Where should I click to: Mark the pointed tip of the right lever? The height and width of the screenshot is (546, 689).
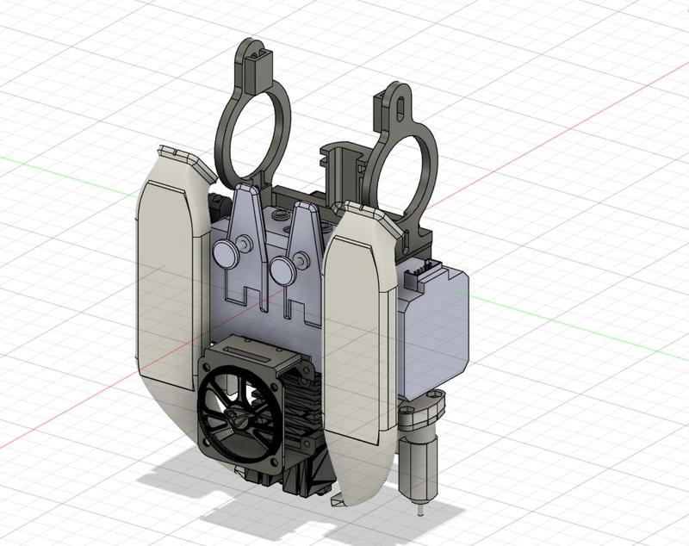pyautogui.click(x=302, y=208)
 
